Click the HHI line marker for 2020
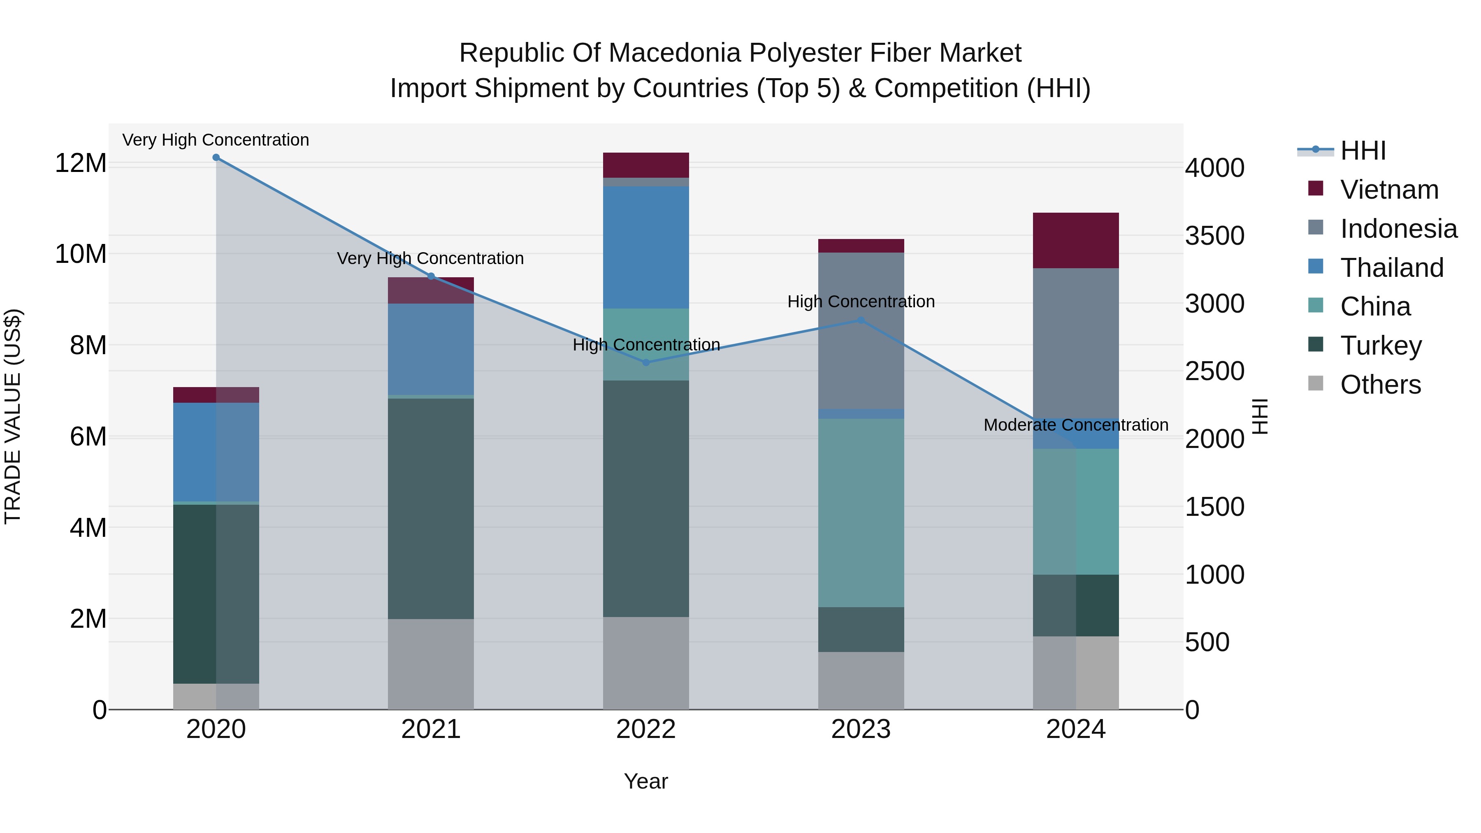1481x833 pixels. coord(216,158)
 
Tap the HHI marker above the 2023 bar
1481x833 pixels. coord(861,320)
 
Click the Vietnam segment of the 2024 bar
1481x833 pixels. coord(1076,240)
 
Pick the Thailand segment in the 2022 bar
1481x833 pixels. coord(645,247)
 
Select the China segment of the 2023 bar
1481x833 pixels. coord(861,513)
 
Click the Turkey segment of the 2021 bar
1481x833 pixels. coord(431,509)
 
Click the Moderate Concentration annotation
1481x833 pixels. coord(1076,425)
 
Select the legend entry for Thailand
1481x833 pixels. coord(1391,268)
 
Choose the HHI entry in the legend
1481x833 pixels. coord(1363,151)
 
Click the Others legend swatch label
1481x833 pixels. coord(1380,385)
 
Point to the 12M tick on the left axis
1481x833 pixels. coord(81,163)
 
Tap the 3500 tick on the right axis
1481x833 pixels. coord(1215,236)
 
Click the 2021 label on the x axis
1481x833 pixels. coord(431,729)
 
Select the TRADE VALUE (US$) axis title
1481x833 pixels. coord(13,416)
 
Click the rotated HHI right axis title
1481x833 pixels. coord(1260,416)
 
